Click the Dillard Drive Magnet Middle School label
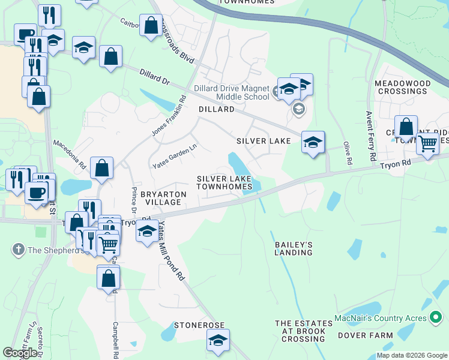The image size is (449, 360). tap(232, 92)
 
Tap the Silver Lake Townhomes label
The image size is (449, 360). tap(225, 182)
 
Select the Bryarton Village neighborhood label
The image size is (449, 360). tap(163, 198)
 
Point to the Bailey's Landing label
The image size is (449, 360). tap(294, 248)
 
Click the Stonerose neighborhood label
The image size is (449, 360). tap(199, 325)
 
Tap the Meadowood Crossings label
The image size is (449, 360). tap(402, 87)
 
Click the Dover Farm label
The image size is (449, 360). tap(365, 335)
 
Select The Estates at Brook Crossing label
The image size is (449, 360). tap(300, 331)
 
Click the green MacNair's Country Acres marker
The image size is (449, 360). tap(437, 317)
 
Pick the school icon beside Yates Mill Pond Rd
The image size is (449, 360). tap(146, 231)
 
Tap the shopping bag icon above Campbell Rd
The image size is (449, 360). tap(108, 278)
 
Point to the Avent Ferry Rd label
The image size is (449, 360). tap(371, 136)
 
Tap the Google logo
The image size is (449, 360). tap(20, 353)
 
